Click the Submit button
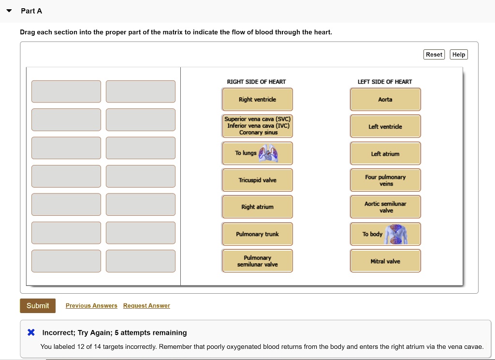(x=38, y=306)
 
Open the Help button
(x=458, y=54)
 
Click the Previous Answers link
(x=91, y=306)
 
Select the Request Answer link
(x=146, y=306)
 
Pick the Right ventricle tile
(x=257, y=99)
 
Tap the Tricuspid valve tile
(x=257, y=180)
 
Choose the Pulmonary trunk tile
(x=257, y=234)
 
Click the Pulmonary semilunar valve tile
(x=257, y=261)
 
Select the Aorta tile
(x=385, y=99)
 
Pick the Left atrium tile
(x=385, y=153)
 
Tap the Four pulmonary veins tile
(x=385, y=180)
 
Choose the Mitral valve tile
(x=385, y=261)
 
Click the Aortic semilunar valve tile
(x=385, y=207)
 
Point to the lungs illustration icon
(x=268, y=153)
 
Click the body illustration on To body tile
(x=396, y=234)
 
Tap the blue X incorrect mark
(x=31, y=332)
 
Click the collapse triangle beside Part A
(x=9, y=11)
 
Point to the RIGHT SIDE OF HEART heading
(x=256, y=82)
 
